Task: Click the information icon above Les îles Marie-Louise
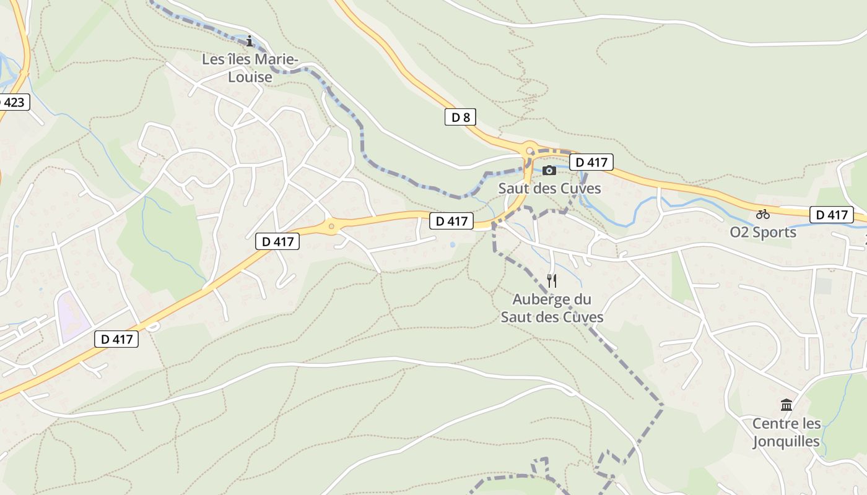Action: [250, 41]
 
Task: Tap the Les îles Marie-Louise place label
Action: [250, 68]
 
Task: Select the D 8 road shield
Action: [460, 117]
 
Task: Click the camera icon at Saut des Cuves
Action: [549, 171]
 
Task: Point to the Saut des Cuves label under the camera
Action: [550, 188]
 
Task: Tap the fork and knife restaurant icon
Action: [552, 281]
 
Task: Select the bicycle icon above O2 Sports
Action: [763, 214]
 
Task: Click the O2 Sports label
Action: [763, 232]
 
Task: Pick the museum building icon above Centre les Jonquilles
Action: [786, 405]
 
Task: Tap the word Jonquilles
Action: [786, 441]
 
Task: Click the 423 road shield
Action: [12, 102]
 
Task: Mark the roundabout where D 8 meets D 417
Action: [529, 150]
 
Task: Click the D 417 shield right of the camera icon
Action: [591, 162]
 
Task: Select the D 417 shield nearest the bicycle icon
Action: [831, 215]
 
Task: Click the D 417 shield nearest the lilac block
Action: [116, 339]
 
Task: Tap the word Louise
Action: [250, 77]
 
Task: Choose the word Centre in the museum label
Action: [770, 424]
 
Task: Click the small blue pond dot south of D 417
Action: [453, 245]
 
